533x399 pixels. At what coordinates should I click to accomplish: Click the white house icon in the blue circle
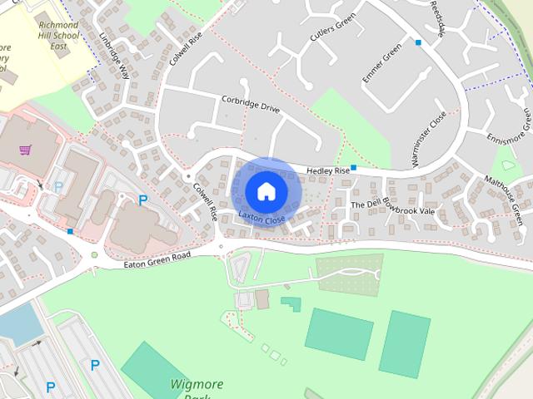coord(266,191)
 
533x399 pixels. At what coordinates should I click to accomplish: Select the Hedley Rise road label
coord(328,170)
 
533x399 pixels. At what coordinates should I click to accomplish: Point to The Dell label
coord(364,204)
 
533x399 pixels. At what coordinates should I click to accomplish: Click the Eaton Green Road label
coord(157,261)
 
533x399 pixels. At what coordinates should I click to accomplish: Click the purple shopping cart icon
coord(26,150)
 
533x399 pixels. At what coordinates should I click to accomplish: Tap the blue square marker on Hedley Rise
coord(354,168)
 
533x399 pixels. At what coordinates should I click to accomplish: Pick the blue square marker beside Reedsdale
coord(418,42)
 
